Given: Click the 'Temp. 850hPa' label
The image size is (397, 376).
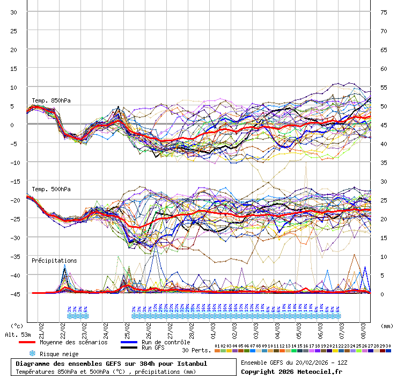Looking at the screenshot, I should [51, 100].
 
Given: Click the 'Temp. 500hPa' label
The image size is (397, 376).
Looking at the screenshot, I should [51, 189].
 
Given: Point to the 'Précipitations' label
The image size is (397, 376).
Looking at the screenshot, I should [54, 261].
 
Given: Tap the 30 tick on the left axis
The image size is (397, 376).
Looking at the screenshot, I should [14, 12].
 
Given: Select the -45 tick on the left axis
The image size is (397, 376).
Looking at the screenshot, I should [14, 294].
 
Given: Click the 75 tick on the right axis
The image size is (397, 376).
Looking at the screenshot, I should [384, 12].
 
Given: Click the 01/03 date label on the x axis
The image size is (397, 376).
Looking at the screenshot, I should [213, 327].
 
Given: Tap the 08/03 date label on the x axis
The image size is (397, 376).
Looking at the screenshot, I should [363, 327].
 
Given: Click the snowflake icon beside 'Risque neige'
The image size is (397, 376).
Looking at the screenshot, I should [32, 353].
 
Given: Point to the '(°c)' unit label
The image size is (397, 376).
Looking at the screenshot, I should [17, 326].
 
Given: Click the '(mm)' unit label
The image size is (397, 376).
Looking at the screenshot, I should [387, 326].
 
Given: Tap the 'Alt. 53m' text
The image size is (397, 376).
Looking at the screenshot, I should [18, 335].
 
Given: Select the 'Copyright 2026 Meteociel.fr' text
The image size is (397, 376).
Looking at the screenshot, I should [291, 371].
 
